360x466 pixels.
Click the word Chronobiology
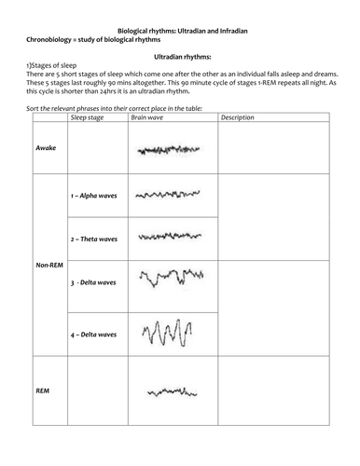pyautogui.click(x=48, y=39)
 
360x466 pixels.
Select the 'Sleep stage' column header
pyautogui.click(x=88, y=118)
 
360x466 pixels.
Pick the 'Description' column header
pyautogui.click(x=239, y=118)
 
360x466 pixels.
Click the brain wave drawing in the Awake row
pyautogui.click(x=160, y=149)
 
